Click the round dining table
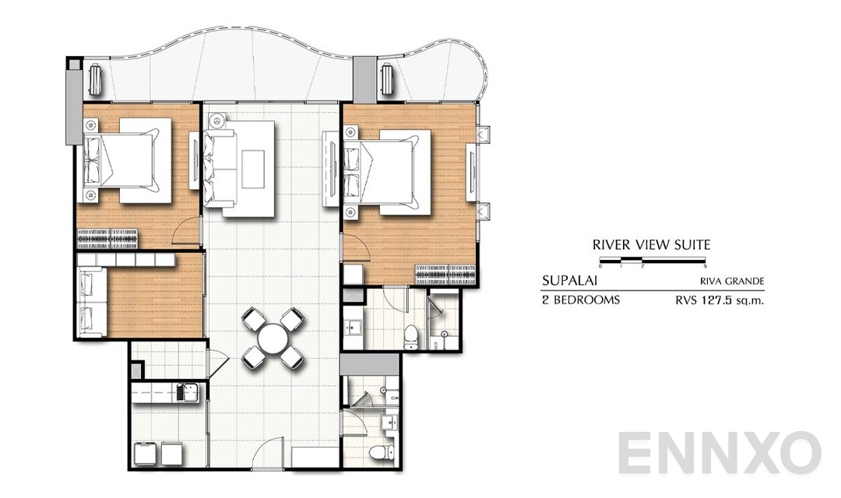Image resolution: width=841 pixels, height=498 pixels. [272, 338]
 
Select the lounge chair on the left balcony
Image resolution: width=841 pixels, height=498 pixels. [96, 80]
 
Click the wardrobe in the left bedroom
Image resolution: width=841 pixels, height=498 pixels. [107, 237]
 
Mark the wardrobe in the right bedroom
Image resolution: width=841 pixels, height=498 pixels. [445, 274]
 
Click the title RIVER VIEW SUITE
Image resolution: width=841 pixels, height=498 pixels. [651, 244]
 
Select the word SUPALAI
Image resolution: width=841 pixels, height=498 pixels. [570, 281]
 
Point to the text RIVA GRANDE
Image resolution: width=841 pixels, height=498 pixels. [731, 282]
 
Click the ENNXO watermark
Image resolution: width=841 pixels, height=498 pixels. [720, 454]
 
